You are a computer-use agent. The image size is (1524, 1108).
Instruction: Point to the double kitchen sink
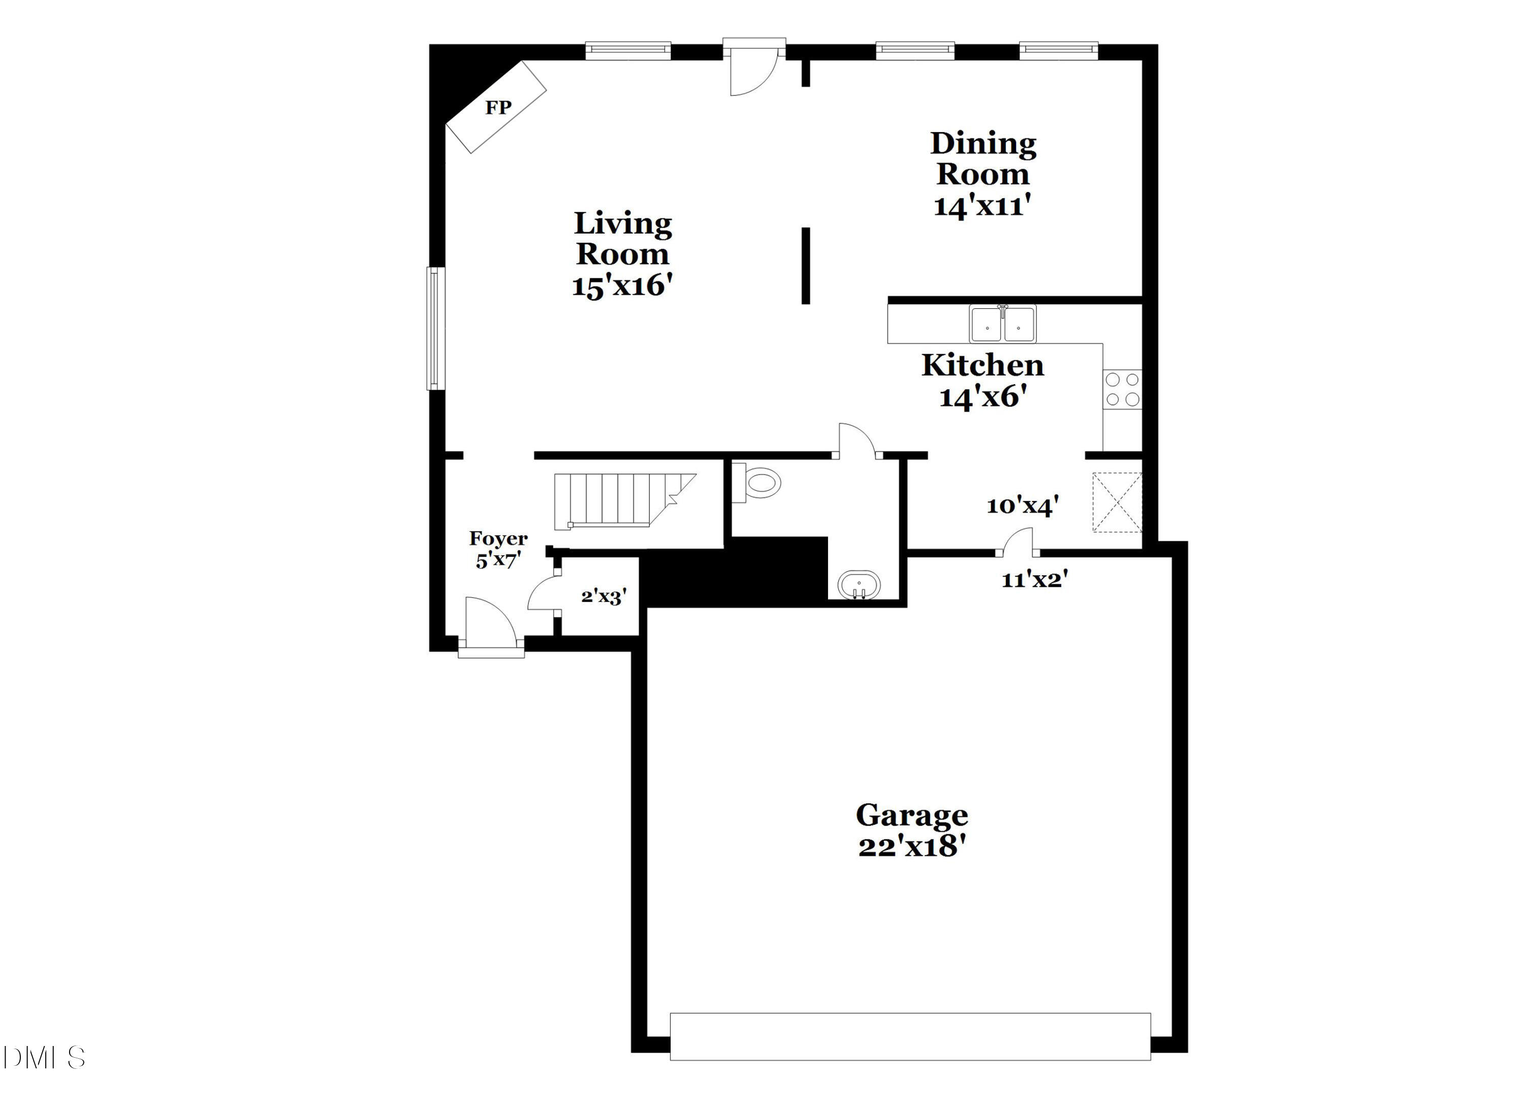pos(1002,324)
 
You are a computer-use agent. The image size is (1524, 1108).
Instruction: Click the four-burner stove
pos(1122,390)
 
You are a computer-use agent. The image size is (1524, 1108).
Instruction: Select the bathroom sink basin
pos(859,585)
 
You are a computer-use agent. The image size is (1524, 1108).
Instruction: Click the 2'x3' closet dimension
pos(604,596)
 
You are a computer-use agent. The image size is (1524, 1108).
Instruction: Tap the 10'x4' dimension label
pos(1022,506)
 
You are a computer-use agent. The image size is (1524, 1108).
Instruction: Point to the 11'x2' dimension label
pos(1034,580)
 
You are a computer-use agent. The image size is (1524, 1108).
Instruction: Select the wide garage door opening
pos(910,1036)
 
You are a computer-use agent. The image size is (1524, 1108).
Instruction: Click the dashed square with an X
pos(1117,502)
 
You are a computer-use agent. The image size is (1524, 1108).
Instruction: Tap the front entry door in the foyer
pos(491,628)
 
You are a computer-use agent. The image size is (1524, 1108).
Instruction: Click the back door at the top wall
pos(754,67)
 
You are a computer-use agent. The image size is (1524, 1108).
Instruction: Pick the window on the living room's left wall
pos(435,329)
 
